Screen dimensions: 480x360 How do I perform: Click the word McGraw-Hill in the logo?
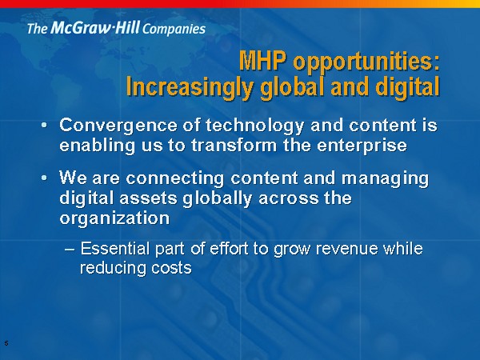pyautogui.click(x=95, y=27)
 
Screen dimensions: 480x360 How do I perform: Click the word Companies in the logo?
pyautogui.click(x=174, y=30)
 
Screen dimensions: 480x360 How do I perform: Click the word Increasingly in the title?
pyautogui.click(x=190, y=86)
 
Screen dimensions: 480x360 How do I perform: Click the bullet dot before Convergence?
pyautogui.click(x=45, y=125)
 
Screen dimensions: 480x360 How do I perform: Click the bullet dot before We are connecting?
pyautogui.click(x=45, y=178)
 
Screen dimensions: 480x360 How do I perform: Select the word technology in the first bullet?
pyautogui.click(x=255, y=126)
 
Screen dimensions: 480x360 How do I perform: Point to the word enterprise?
pyautogui.click(x=362, y=146)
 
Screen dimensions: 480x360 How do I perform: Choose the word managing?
pyautogui.click(x=386, y=178)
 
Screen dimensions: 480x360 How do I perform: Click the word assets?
pyautogui.click(x=149, y=198)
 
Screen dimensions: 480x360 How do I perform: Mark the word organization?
pyautogui.click(x=114, y=218)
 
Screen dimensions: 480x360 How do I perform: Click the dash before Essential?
pyautogui.click(x=70, y=249)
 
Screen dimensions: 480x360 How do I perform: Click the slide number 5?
pyautogui.click(x=6, y=343)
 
